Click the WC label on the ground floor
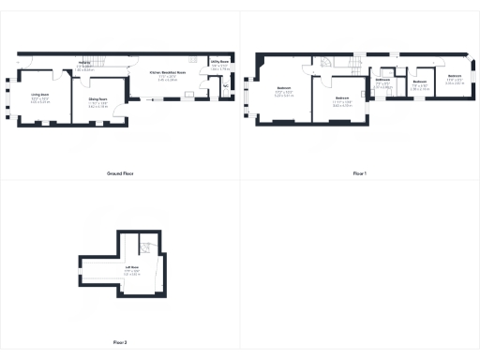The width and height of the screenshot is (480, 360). click(x=226, y=85)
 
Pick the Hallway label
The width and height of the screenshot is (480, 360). click(x=84, y=64)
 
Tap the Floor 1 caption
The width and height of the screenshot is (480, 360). click(x=360, y=174)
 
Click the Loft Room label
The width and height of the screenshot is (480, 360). click(x=133, y=268)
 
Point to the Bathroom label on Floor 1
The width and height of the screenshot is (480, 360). click(x=382, y=80)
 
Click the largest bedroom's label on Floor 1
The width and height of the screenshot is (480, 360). click(x=283, y=89)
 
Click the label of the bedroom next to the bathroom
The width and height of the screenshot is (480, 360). click(x=420, y=82)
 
